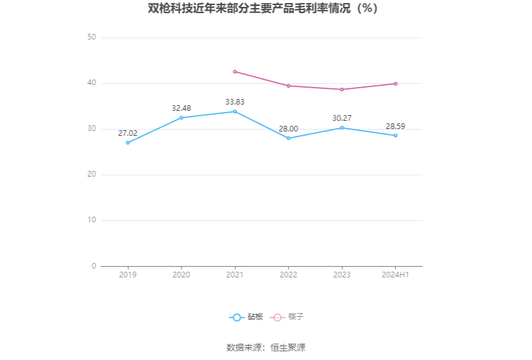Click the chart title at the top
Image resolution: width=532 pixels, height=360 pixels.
(x=263, y=8)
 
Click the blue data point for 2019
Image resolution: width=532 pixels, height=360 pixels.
(x=128, y=143)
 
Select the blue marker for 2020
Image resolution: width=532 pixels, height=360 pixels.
(x=181, y=118)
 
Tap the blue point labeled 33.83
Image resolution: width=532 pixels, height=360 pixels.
(x=235, y=111)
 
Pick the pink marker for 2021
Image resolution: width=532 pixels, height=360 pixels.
(x=235, y=71)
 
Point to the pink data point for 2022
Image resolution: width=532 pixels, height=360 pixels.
(x=289, y=86)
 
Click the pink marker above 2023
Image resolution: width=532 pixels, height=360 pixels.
(x=342, y=90)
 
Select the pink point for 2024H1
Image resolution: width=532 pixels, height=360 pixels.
(x=396, y=84)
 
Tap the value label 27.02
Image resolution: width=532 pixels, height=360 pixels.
(x=128, y=133)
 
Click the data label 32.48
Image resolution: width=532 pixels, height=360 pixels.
(x=181, y=108)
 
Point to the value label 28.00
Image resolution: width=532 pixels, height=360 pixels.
(x=289, y=129)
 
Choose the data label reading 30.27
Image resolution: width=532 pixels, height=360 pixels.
(x=342, y=118)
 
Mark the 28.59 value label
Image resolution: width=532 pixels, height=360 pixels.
(x=396, y=126)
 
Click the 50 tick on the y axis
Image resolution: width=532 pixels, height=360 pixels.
(x=91, y=37)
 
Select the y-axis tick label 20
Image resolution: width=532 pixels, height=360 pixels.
(x=91, y=175)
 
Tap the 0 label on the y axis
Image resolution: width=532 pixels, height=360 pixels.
(x=94, y=266)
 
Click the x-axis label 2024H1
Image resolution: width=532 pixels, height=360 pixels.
(x=396, y=275)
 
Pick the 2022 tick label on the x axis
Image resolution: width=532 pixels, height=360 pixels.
(x=289, y=275)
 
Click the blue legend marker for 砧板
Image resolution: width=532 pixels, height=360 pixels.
(x=237, y=317)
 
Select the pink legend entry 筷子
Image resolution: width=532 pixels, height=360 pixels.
(x=287, y=317)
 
